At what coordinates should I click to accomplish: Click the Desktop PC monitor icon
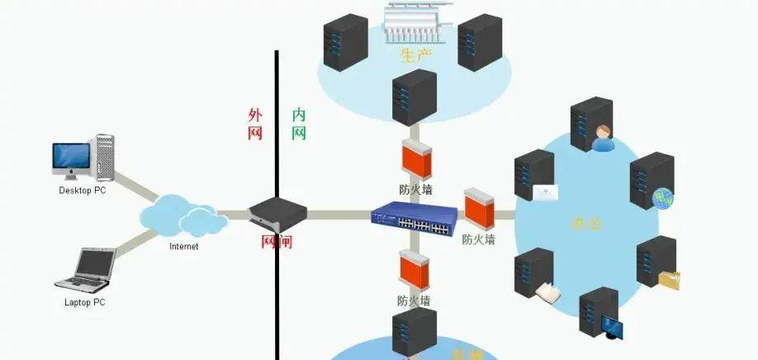pos(70,158)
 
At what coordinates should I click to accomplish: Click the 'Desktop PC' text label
pos(83,191)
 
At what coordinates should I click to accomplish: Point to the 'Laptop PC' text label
pos(85,302)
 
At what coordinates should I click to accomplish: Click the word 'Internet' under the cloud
pos(183,246)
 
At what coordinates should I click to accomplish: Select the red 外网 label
pos(255,124)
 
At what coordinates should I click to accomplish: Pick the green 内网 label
pos(299,124)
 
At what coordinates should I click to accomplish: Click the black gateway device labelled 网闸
pos(278,214)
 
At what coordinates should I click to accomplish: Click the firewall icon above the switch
pos(415,159)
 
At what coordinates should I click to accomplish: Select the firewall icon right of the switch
pos(478,208)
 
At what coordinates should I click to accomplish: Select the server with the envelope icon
pos(535,178)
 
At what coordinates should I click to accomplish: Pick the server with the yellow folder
pos(657,263)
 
